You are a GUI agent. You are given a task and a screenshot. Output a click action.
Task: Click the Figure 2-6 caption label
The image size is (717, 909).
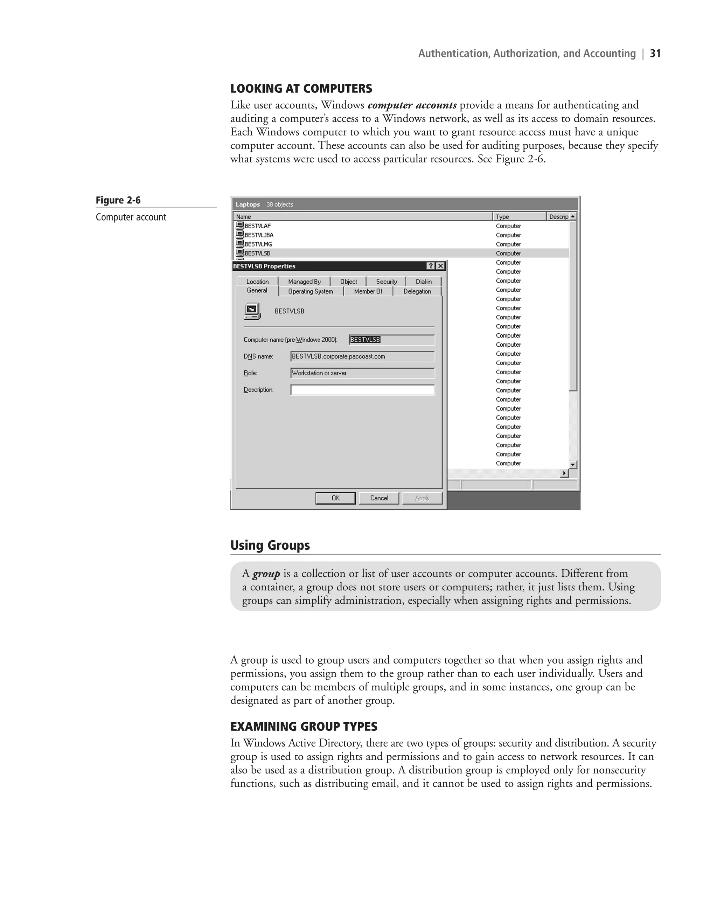coord(118,200)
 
